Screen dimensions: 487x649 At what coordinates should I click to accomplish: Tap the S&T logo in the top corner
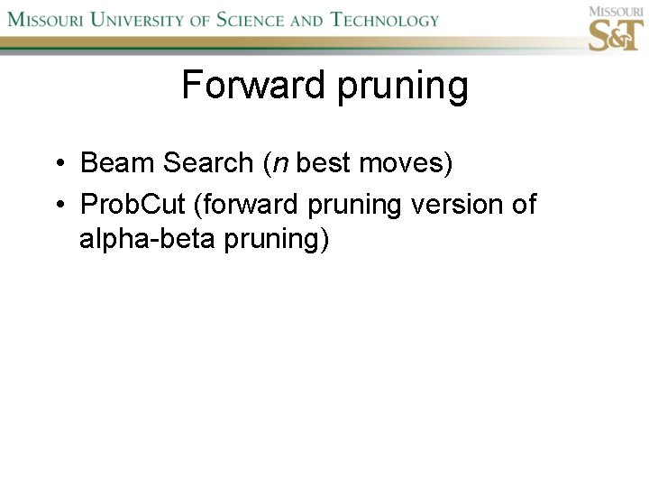click(x=615, y=30)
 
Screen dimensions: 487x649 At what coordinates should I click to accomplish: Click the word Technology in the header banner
click(x=385, y=20)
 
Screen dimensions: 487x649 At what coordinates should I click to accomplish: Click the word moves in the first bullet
click(x=403, y=163)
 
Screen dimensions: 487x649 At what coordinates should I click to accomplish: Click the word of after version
click(x=523, y=205)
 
